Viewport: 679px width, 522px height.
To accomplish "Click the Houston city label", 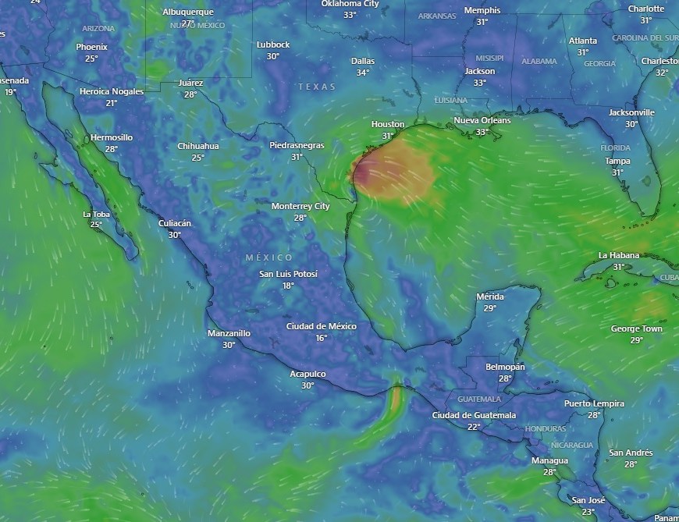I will [388, 124].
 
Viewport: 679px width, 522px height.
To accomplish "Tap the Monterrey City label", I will [300, 206].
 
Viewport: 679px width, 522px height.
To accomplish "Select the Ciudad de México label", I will [321, 326].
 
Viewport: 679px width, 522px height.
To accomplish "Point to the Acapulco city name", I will [308, 374].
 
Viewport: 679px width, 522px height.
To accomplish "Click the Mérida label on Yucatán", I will [490, 297].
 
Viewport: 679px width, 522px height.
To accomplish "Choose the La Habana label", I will [619, 255].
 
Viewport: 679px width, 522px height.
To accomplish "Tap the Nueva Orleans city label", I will [482, 120].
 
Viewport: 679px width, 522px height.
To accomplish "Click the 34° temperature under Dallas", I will [363, 73].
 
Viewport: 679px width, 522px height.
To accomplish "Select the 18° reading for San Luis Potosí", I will [288, 286].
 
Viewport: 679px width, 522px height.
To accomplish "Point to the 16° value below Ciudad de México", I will [321, 338].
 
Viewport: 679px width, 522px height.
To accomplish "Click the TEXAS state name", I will [317, 87].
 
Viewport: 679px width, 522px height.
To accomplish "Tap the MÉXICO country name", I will [269, 257].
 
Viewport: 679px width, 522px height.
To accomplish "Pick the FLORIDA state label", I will [615, 147].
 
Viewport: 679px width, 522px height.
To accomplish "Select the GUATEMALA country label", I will [479, 399].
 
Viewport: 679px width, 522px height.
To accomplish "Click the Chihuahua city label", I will [198, 146].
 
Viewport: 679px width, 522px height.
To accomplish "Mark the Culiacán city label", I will [175, 223].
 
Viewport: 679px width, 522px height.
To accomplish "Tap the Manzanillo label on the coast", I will [229, 333].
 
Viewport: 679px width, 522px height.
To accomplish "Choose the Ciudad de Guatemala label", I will [474, 415].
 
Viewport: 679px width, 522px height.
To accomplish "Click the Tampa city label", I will [617, 161].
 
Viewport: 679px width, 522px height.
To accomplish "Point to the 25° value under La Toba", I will [96, 225].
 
